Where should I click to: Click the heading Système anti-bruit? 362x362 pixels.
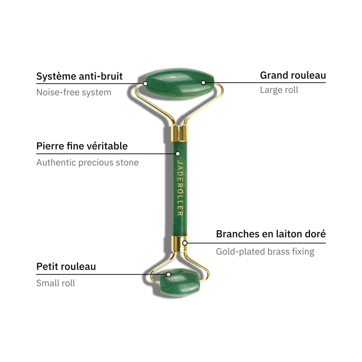coord(79,76)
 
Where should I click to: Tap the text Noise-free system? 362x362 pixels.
coord(74,92)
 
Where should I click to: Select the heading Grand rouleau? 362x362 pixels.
coord(293,75)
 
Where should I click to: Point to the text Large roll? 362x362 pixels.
coord(279,90)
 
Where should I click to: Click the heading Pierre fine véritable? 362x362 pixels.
coord(82,146)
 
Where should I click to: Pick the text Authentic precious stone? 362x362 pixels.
coord(87,163)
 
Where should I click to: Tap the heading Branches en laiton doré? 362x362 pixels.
coord(271,234)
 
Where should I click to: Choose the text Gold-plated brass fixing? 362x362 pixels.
coord(265,252)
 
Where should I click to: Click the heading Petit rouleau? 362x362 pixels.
coord(66,267)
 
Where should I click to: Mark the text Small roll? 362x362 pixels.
coord(56,283)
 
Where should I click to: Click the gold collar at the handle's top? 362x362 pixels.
coord(179,133)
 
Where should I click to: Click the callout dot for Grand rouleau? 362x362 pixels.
coord(203,83)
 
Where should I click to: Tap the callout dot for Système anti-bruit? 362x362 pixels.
coord(145,83)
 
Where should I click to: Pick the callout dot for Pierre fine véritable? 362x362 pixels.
coord(178,154)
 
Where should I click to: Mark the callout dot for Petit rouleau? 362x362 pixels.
coord(169,274)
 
